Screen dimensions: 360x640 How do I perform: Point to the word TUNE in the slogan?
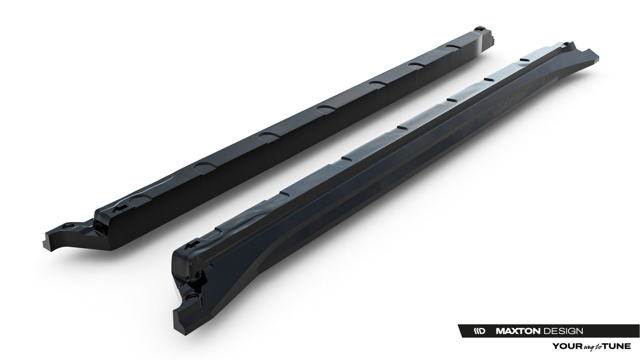coord(617,346)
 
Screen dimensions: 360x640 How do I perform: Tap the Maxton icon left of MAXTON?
coord(480,331)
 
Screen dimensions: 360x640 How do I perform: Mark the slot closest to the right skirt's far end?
coord(524,59)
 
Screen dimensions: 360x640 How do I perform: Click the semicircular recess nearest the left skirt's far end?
coord(452,46)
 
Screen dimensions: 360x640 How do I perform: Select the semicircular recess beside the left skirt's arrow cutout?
coord(141,197)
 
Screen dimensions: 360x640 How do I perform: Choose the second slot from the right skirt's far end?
coord(489,79)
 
